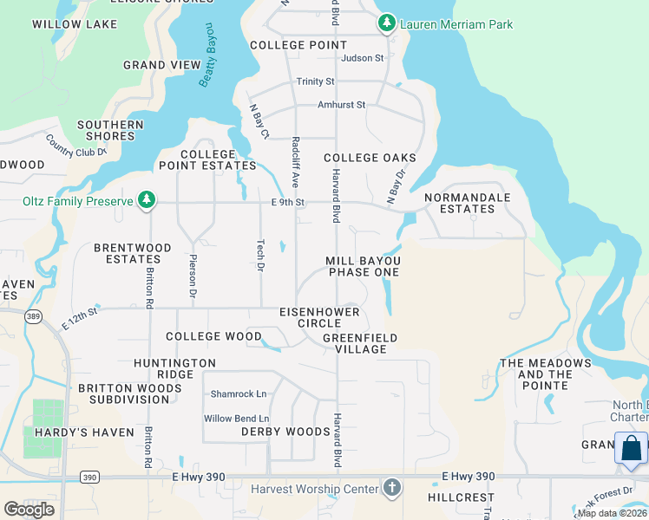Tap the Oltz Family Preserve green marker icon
pos(147,201)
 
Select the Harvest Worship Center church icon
pos(392,488)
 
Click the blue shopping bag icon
pos(632,449)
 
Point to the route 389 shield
pos(34,316)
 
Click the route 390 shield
pos(89,477)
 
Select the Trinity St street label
pos(315,81)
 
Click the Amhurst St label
pos(341,105)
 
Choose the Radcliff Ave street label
pos(296,162)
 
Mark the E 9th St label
pos(287,202)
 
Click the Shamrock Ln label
pos(239,393)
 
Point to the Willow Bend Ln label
pos(235,419)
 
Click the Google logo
pos(29,509)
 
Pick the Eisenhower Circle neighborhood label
pos(310,316)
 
